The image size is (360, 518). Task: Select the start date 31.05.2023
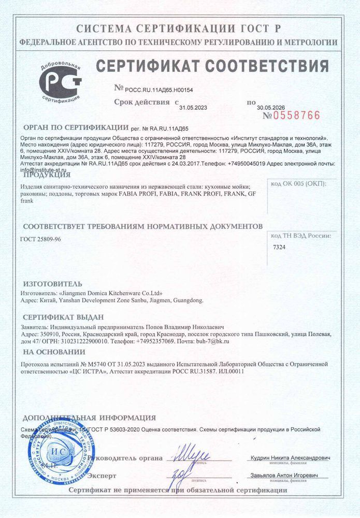[193, 108]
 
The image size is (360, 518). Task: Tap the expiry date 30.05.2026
[271, 108]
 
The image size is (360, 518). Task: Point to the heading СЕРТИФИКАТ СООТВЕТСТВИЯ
[212, 66]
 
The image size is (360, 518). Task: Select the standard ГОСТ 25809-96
[40, 240]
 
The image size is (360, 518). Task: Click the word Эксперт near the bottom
[102, 476]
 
